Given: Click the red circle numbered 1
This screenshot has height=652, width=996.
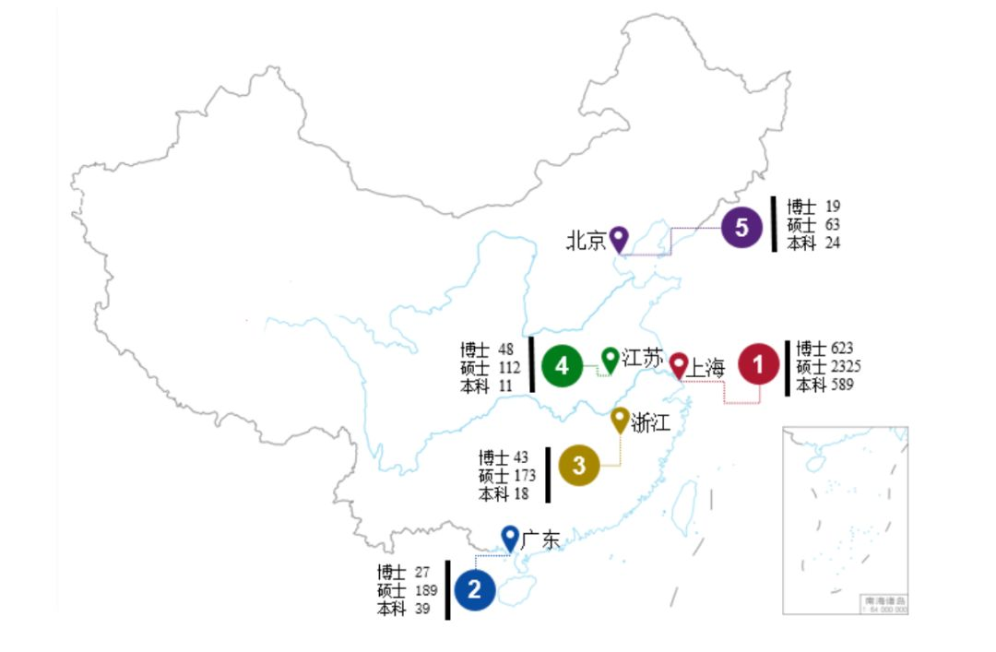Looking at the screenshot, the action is click(759, 365).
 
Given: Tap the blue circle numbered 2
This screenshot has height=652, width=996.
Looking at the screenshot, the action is click(474, 589).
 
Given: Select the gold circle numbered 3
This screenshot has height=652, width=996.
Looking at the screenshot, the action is click(578, 466).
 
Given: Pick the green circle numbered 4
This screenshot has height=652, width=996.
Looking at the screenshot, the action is click(562, 366).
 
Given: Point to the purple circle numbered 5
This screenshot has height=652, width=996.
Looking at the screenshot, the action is click(741, 228).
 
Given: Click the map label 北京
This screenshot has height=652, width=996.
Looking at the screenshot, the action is click(586, 242).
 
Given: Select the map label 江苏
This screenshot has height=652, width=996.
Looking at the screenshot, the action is click(642, 358).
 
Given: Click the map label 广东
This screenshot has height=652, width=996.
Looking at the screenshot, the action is click(539, 539).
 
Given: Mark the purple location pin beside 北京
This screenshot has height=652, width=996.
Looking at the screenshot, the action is click(619, 238).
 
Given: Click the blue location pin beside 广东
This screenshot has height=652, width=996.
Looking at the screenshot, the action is click(509, 537).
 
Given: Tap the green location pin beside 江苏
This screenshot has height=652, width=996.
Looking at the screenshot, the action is click(610, 358).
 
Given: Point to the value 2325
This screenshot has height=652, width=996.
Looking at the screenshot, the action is click(846, 366).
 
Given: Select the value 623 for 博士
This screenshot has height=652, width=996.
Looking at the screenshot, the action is click(842, 349).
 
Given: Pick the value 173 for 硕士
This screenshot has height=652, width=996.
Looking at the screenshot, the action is click(526, 476).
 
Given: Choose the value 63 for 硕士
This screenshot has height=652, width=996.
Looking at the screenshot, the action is click(833, 224).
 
